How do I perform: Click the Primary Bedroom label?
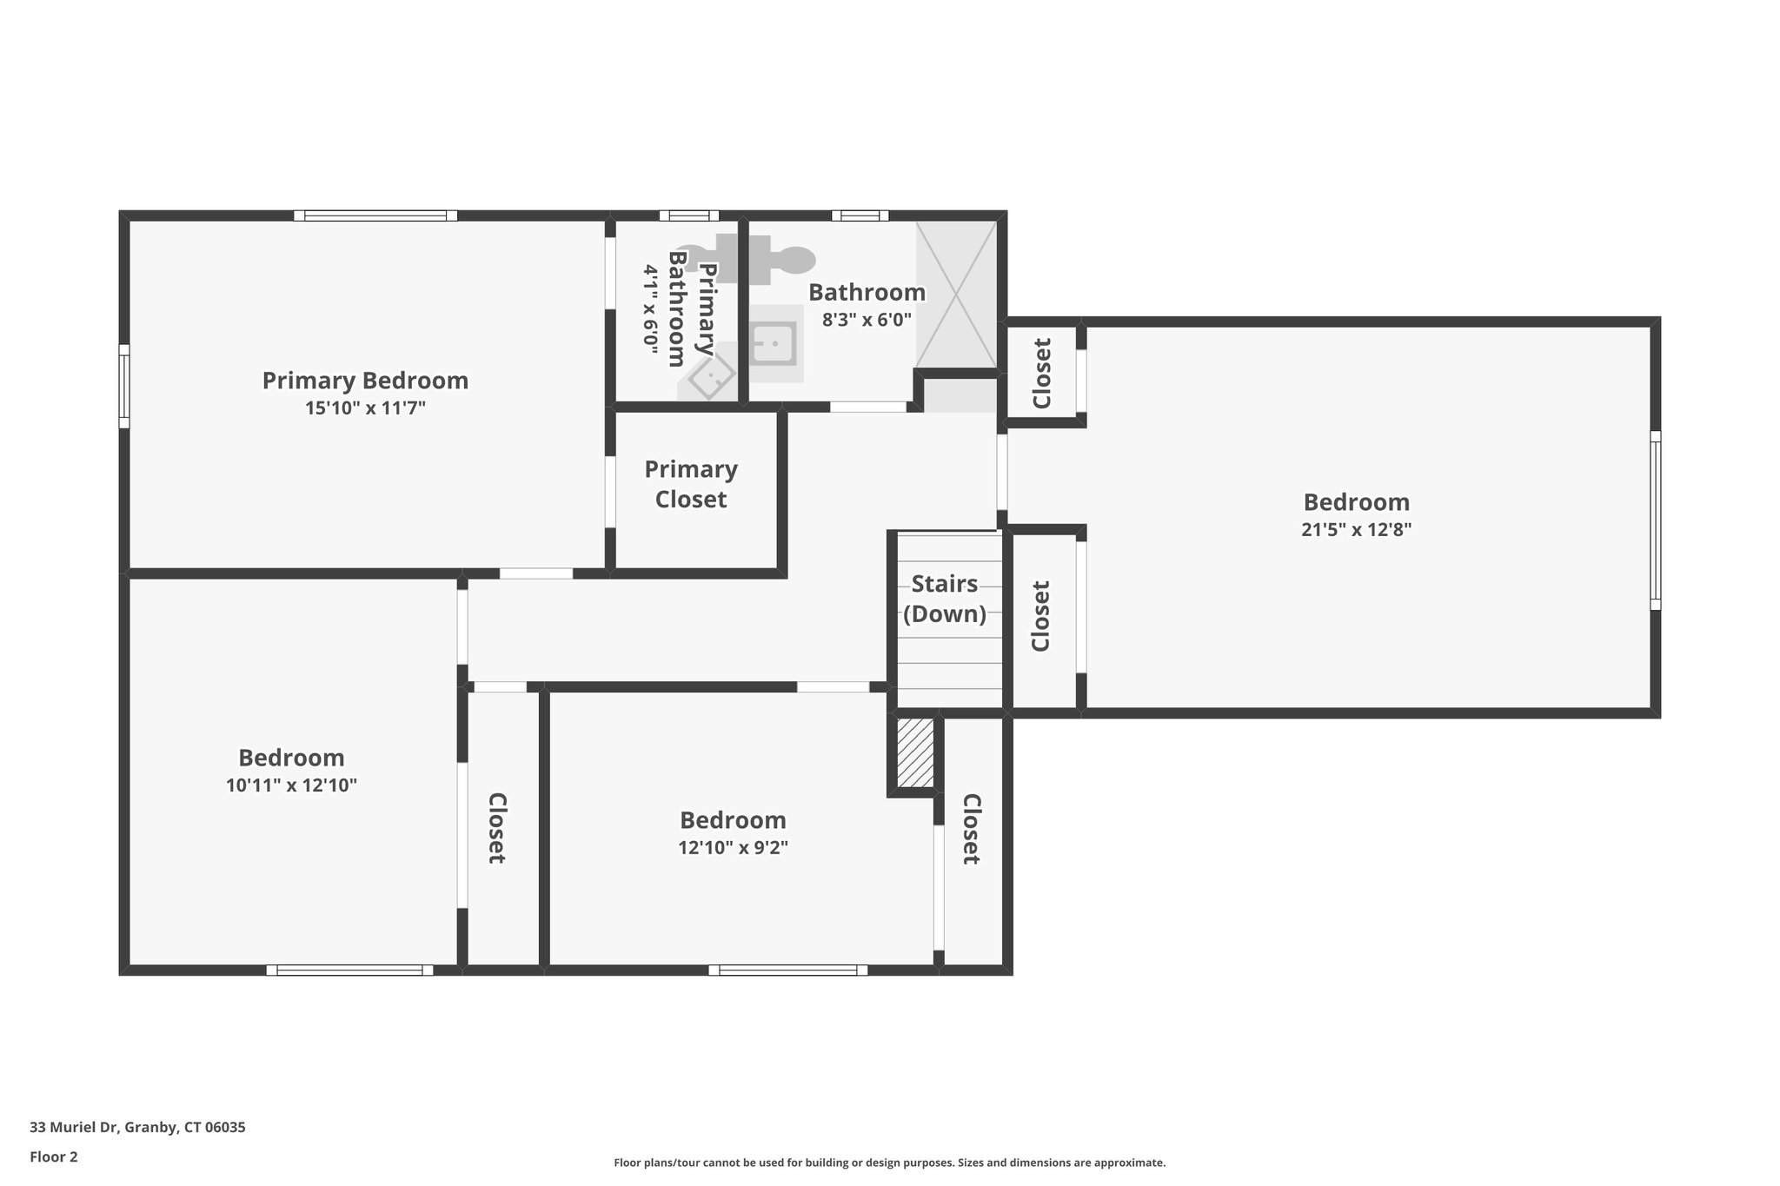point(365,381)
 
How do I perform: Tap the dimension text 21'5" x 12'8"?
point(1356,529)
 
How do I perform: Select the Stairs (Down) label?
point(945,599)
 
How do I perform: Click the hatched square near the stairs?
point(914,752)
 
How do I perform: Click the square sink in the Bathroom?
point(773,344)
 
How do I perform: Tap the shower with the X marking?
point(956,295)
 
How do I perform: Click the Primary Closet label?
point(691,484)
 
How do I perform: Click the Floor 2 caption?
point(54,1156)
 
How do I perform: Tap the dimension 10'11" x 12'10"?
point(291,785)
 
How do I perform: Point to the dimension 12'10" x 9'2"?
point(733,847)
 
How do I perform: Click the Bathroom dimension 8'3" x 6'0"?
point(867,319)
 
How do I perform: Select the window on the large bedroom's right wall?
point(1655,520)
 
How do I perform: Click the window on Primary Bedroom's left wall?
point(124,386)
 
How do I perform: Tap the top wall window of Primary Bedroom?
point(375,215)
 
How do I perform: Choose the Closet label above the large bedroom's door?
point(1041,373)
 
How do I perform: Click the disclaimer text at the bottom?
point(889,1163)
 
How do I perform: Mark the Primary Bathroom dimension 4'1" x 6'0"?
point(650,306)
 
